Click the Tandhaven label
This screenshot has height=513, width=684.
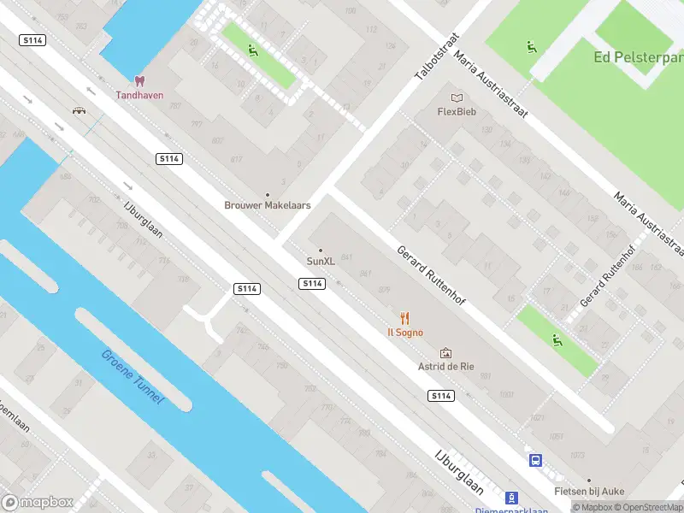click(x=139, y=95)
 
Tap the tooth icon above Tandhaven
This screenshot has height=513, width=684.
click(x=140, y=81)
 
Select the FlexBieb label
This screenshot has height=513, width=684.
click(x=457, y=111)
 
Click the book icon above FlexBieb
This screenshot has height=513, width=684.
click(x=457, y=97)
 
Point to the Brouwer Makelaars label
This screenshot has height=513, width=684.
click(x=267, y=205)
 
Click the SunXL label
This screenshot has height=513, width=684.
click(x=321, y=261)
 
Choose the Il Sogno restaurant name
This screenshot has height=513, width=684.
click(x=405, y=332)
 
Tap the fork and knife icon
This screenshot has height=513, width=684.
click(x=405, y=317)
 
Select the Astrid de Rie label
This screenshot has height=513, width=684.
click(x=445, y=366)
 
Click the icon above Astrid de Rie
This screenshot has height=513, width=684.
click(x=445, y=352)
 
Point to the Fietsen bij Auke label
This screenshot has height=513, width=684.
click(x=588, y=492)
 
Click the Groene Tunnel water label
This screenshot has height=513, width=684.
click(x=132, y=377)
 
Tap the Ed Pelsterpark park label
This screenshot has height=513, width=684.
click(x=638, y=57)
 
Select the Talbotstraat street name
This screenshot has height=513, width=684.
click(x=437, y=57)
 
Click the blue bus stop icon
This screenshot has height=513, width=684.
click(x=536, y=460)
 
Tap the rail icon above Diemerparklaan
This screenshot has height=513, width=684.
click(x=511, y=497)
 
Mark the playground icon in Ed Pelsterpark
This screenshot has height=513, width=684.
click(x=532, y=46)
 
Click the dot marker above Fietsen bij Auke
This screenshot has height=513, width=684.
click(x=588, y=481)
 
